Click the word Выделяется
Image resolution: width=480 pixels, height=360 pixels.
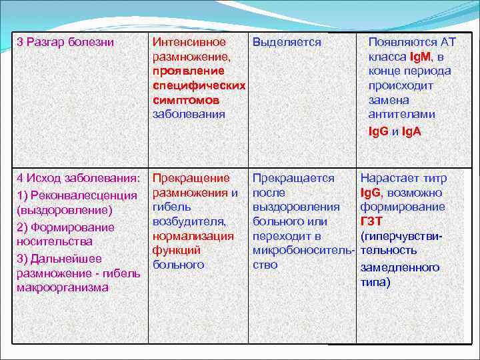pos(287,42)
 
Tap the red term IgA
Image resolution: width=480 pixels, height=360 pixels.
pos(412,132)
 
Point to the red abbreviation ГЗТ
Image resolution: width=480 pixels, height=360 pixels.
pos(371,221)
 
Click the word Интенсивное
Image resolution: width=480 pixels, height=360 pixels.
pos(189,42)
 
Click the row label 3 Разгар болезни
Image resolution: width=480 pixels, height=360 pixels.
pos(65,42)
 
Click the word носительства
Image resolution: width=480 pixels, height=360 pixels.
pos(55,241)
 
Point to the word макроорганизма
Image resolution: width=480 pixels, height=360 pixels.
pos(63,287)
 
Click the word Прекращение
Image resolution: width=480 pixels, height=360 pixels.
pos(191,178)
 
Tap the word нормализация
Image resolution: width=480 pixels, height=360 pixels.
pos(193,236)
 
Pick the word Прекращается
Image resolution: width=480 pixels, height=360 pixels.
pos(293,178)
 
